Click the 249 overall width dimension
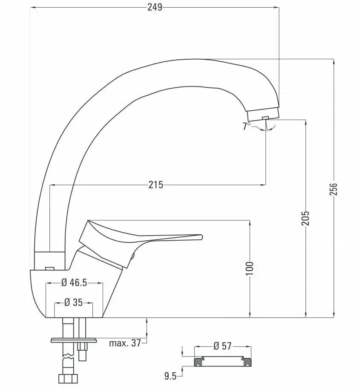pyautogui.click(x=155, y=7)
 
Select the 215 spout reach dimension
pyautogui.click(x=156, y=185)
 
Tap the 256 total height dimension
pyautogui.click(x=334, y=189)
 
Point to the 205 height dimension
pyautogui.click(x=305, y=218)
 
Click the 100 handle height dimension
pyautogui.click(x=250, y=268)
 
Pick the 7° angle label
pyautogui.click(x=246, y=126)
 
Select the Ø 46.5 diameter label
pyautogui.click(x=74, y=282)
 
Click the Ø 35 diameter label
pyautogui.click(x=73, y=303)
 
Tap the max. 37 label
pyautogui.click(x=125, y=343)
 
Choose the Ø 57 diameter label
pyautogui.click(x=222, y=346)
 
